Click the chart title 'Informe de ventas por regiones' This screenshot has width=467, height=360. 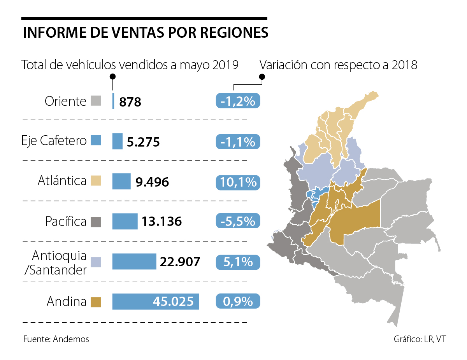click(x=146, y=33)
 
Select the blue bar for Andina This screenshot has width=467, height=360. click(x=155, y=302)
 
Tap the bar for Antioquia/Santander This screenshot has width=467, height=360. click(x=134, y=262)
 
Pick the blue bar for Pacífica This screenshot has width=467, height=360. click(x=125, y=221)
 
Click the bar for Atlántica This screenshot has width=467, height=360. click(x=121, y=181)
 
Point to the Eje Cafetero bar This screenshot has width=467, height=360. click(x=117, y=141)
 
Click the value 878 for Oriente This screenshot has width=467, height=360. click(x=130, y=102)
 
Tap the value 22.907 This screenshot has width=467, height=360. click(x=180, y=262)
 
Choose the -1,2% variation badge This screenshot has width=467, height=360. click(x=237, y=101)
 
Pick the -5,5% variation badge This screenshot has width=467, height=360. click(x=237, y=222)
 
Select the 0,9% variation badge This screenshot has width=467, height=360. click(x=237, y=302)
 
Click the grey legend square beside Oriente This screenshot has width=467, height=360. click(x=96, y=101)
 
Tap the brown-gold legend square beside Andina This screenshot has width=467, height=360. click(x=96, y=302)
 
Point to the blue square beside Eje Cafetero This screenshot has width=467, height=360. click(x=96, y=140)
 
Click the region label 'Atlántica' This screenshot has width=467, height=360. click(x=62, y=181)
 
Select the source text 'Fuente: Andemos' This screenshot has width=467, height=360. click(x=56, y=339)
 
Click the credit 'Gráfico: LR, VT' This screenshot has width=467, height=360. click(x=420, y=339)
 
